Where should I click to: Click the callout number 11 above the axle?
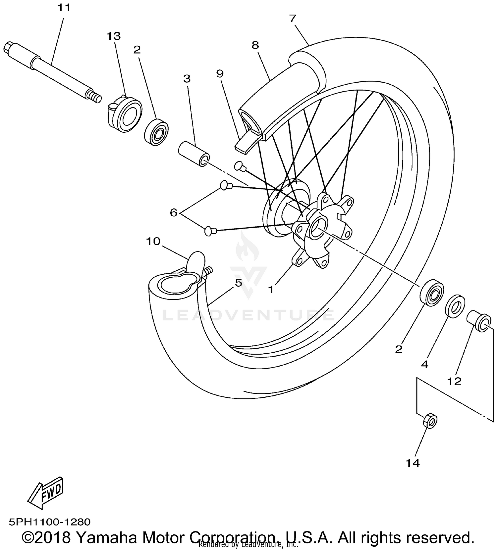coord(64,7)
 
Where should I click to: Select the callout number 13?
coord(114,36)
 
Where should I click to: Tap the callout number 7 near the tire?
coord(292,19)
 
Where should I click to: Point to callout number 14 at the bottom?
coord(413,463)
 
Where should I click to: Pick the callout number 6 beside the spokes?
coord(174,212)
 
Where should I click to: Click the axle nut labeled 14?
coord(430,421)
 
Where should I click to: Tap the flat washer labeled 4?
coord(455,305)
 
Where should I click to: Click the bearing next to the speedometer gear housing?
coord(156,132)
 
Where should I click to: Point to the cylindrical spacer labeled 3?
coord(194,154)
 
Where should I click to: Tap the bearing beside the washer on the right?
coord(432,292)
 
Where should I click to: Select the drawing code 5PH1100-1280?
coord(50,522)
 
